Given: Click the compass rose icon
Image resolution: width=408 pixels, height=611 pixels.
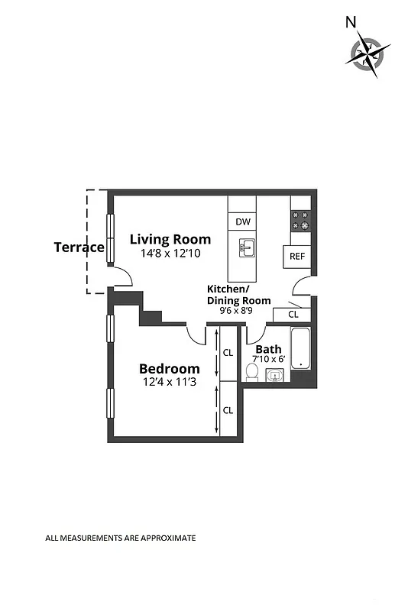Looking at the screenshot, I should point(370,54).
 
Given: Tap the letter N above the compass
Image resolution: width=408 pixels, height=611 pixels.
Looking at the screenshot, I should point(351,22).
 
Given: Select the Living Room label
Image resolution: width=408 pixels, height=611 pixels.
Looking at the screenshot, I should point(170,239).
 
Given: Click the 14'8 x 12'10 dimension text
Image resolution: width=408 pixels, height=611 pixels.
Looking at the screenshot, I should point(170,254).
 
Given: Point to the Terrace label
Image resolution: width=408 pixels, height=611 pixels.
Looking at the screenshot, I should point(79,247).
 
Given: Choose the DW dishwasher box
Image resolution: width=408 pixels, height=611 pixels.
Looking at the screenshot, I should point(243,222).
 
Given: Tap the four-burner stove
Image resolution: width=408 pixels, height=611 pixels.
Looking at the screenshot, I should point(300,221).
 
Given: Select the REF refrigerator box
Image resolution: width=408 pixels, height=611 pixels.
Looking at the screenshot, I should point(297,257).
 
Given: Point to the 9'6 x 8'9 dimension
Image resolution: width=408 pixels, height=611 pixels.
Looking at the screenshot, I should point(236,311).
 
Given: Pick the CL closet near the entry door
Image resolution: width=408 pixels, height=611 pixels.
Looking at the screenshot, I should point(293,314).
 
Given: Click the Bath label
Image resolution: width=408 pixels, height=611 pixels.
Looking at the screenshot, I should point(268,349).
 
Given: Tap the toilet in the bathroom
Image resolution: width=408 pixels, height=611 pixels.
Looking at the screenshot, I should point(251,372).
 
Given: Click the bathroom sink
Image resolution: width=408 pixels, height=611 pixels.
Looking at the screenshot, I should point(275,374).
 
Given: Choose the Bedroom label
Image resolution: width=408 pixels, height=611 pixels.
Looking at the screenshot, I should point(169,369).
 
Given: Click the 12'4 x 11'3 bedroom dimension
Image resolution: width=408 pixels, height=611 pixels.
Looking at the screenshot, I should point(169,383).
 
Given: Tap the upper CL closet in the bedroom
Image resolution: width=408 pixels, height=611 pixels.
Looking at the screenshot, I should point(228,353).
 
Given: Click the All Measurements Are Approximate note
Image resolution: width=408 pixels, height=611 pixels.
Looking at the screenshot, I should point(121,538).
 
